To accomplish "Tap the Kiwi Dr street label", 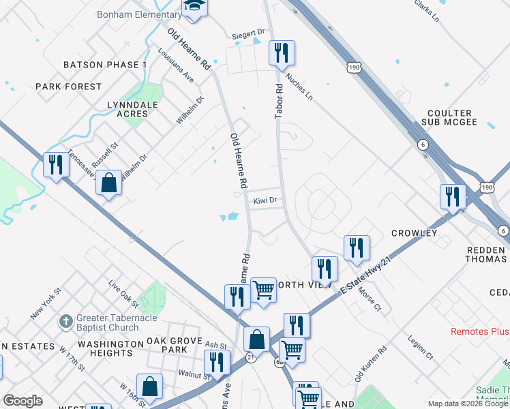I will [265, 201].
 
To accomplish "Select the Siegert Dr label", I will [250, 32].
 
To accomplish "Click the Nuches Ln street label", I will [299, 87].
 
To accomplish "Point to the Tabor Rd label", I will [278, 102].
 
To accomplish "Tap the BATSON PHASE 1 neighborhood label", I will [105, 65].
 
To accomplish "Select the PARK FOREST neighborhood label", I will [69, 87].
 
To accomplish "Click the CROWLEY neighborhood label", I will [414, 233].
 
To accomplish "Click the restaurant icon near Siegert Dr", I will [280, 52].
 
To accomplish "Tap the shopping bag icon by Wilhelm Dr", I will [108, 183].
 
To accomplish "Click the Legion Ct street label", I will [421, 347].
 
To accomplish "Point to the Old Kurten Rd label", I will [370, 364].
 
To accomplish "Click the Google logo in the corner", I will [22, 401].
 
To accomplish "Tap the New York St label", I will [46, 303].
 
